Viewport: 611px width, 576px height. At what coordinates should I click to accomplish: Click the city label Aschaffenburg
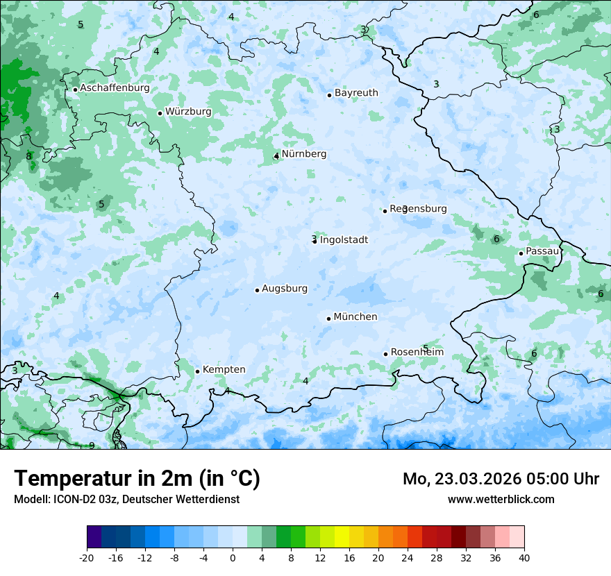[115, 88]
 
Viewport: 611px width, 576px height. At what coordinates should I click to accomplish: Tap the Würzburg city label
[188, 112]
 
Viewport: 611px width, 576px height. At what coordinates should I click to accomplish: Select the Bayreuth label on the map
[356, 93]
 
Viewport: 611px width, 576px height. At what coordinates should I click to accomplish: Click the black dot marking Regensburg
[385, 211]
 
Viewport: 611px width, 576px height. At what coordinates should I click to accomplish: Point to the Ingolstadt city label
[344, 240]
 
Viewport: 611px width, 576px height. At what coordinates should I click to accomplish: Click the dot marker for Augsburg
[257, 290]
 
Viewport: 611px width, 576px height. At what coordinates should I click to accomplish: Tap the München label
[355, 317]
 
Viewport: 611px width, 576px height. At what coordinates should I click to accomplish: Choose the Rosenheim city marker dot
[385, 354]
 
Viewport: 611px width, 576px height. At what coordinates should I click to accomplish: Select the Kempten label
[224, 370]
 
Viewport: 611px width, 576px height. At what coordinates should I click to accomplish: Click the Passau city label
[542, 251]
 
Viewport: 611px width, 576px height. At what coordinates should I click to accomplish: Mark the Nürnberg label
[303, 154]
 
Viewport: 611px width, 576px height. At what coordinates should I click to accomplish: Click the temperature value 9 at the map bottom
[92, 446]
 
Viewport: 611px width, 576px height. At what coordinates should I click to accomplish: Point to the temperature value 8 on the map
[28, 156]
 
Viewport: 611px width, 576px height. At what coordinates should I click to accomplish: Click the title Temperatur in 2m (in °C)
[137, 479]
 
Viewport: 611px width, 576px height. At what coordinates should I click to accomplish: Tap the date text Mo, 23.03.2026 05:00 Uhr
[501, 479]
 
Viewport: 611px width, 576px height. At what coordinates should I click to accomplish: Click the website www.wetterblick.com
[501, 500]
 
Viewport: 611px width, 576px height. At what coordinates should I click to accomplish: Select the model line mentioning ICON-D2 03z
[126, 500]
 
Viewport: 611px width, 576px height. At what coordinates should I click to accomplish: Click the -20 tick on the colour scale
[87, 558]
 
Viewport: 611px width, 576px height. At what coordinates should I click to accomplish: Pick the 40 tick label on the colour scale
[524, 558]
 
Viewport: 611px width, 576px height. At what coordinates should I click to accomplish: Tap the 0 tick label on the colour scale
[233, 558]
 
